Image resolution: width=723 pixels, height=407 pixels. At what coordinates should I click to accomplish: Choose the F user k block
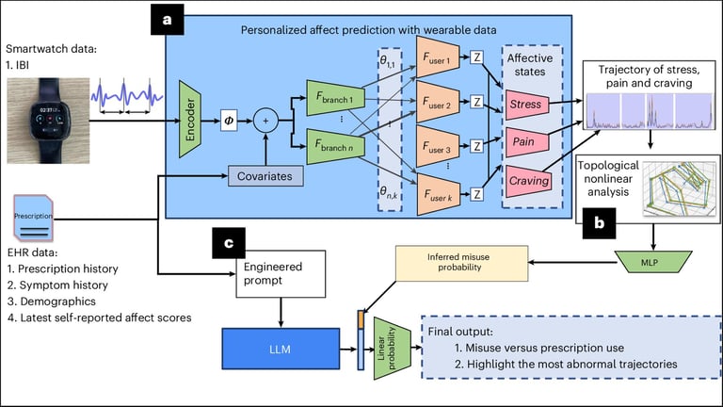443,194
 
